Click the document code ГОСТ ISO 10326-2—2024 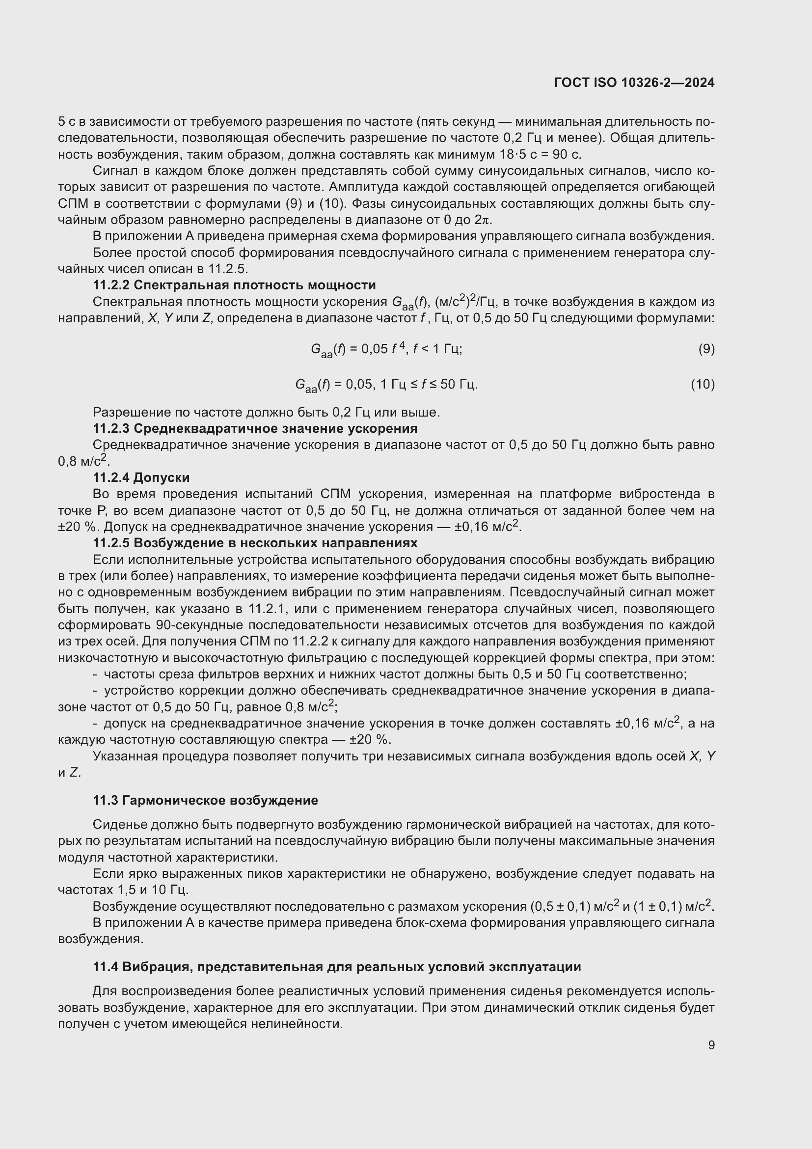click(x=634, y=83)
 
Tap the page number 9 click(x=711, y=1045)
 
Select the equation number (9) click(x=706, y=349)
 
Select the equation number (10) click(x=703, y=384)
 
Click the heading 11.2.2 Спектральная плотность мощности click(x=234, y=285)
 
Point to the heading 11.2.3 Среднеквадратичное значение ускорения click(x=255, y=428)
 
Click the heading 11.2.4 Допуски click(x=141, y=477)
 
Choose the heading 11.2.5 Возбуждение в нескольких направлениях click(x=255, y=543)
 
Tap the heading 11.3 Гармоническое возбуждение click(x=205, y=800)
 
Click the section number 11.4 click(x=105, y=967)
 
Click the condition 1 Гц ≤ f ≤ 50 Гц click(x=429, y=384)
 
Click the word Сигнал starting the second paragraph click(x=112, y=170)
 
